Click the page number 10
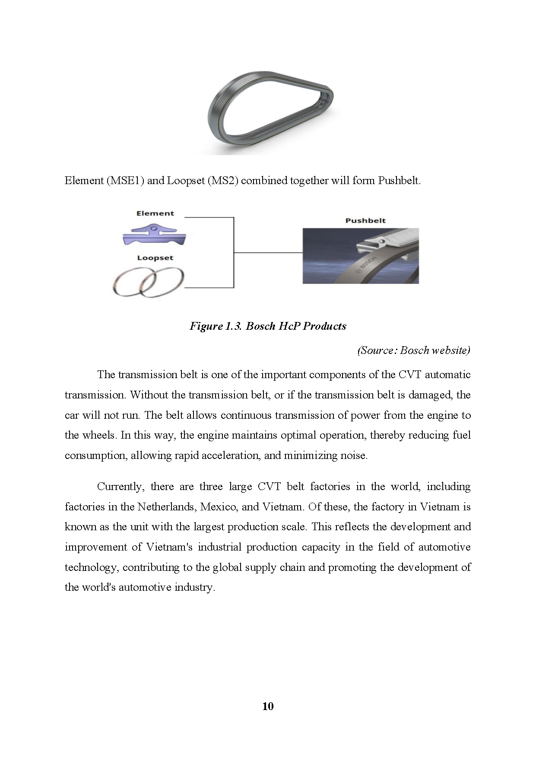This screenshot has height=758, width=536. tap(268, 706)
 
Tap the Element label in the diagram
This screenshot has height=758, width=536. tap(155, 213)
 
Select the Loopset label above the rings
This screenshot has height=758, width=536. tap(155, 258)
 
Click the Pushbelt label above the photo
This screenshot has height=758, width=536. tap(365, 220)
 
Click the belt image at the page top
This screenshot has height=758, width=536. tap(270, 112)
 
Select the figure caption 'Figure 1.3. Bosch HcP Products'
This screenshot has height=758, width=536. tap(268, 326)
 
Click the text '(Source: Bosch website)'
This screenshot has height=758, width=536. tap(413, 350)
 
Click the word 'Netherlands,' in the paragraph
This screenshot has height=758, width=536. tap(166, 506)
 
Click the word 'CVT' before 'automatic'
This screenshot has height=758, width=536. tap(409, 375)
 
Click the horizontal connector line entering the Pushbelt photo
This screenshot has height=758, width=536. tap(268, 252)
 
